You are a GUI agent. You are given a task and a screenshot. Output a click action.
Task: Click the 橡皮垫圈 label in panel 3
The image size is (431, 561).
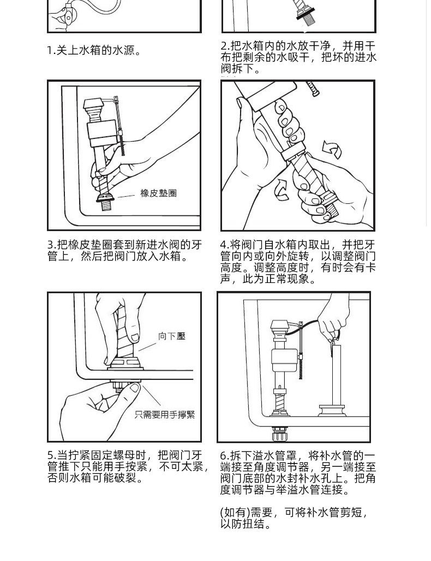[158, 194]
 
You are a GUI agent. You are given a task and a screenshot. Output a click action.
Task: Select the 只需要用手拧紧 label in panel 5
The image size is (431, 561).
[165, 415]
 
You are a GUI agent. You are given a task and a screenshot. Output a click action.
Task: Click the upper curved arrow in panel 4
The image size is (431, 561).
[332, 148]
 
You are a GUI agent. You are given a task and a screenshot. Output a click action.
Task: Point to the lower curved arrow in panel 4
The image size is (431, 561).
[282, 190]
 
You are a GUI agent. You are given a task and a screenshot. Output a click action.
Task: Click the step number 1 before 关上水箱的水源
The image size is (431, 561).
[50, 51]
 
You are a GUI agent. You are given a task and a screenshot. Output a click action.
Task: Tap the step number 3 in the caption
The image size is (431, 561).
[50, 245]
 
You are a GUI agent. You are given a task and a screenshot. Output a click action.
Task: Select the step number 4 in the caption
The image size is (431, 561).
[223, 245]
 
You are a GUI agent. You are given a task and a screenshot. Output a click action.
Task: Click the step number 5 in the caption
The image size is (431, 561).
[50, 455]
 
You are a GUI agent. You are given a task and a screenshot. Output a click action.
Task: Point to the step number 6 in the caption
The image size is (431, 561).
[223, 456]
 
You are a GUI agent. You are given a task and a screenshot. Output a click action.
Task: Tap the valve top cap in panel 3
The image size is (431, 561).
[94, 104]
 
